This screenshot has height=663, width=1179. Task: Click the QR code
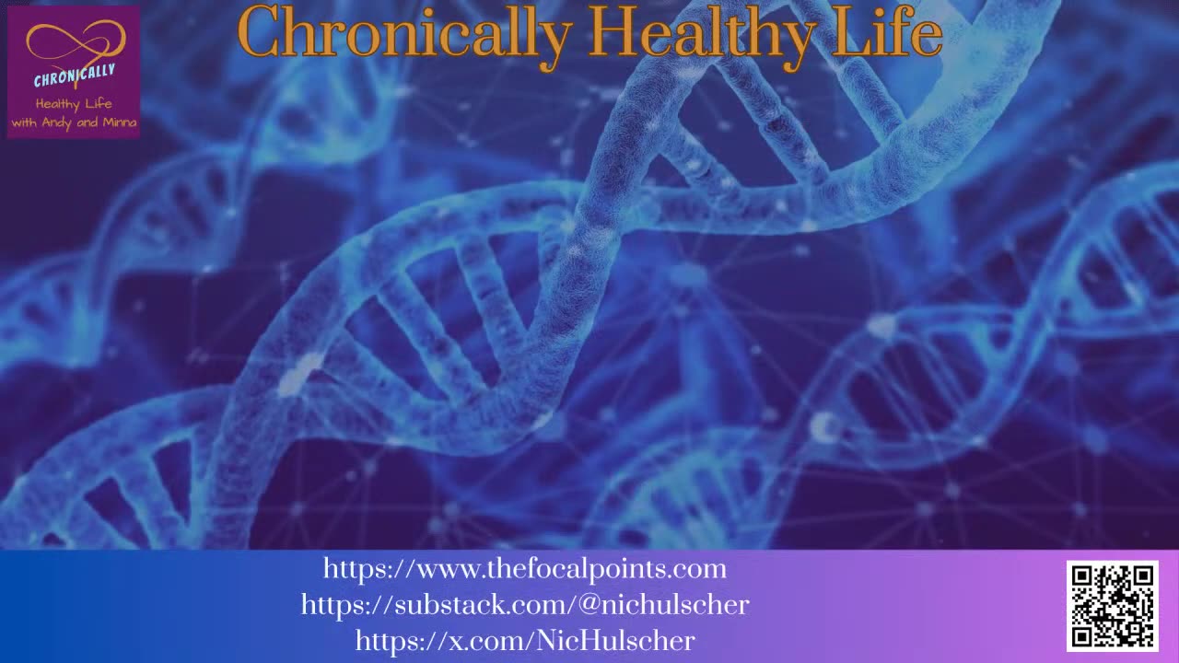click(1112, 605)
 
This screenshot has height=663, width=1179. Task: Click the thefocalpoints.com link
click(524, 569)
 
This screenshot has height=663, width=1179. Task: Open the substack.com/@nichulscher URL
click(524, 605)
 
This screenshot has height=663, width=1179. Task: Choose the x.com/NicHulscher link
click(524, 640)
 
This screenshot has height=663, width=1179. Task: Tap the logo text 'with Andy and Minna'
click(74, 122)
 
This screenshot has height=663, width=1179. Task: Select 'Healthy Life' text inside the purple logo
click(74, 104)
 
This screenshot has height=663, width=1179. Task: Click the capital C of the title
click(259, 34)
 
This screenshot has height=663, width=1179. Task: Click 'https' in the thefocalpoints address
click(354, 569)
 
